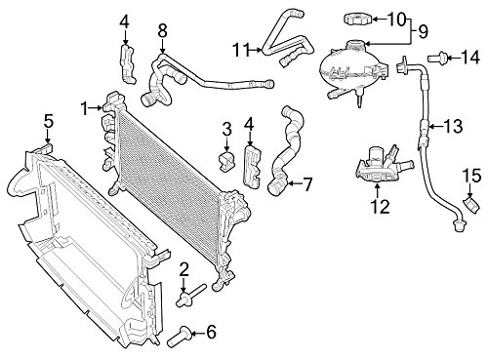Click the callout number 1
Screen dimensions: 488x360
85,108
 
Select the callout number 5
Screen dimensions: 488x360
49,122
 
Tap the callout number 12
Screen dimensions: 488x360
380,206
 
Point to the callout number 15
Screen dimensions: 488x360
471,176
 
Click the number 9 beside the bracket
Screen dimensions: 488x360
423,32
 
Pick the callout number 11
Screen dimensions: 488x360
241,50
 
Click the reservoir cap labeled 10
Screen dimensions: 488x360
357,19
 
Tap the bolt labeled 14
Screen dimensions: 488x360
437,59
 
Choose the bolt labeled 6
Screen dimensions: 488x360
178,338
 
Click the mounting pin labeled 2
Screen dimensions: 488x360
190,296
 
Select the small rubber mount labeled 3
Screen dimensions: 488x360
225,160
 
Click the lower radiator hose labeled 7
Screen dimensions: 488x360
286,151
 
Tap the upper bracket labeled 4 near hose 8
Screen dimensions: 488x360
128,64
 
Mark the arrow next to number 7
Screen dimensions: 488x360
295,184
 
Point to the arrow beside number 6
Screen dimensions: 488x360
198,333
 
